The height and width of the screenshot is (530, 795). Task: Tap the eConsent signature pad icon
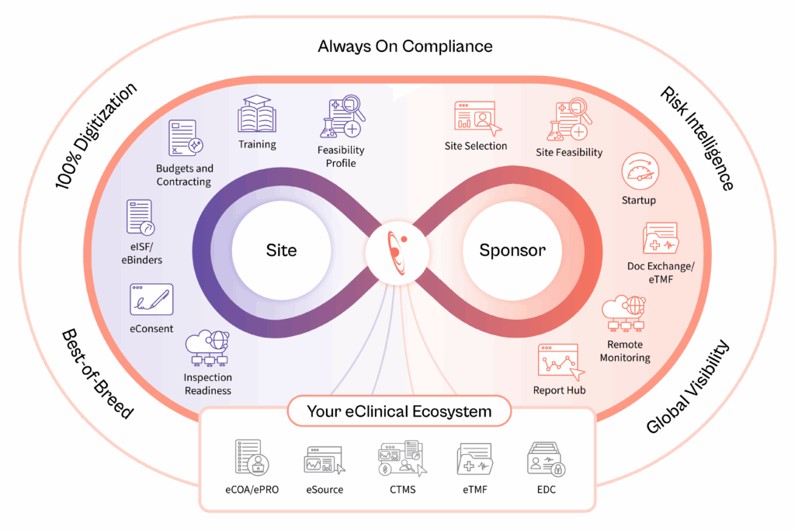coord(151,300)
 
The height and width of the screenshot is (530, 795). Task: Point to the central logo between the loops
coord(397,251)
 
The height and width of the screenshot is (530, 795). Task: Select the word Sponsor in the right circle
coord(512,251)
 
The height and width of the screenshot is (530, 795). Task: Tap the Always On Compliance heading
coord(404,46)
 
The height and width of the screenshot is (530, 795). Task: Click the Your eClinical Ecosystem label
coord(399,410)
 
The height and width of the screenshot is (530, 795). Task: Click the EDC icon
coord(545,459)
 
